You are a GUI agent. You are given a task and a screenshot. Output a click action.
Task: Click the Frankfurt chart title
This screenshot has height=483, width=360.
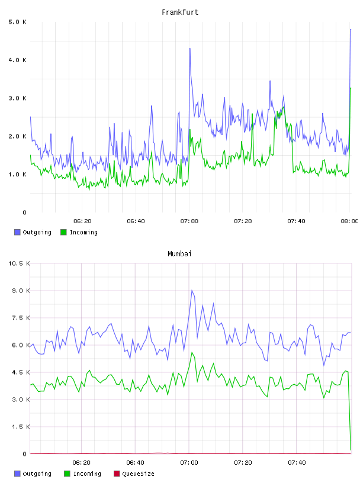(x=180, y=12)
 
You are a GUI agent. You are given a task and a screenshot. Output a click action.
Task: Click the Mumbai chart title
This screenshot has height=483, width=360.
(x=179, y=254)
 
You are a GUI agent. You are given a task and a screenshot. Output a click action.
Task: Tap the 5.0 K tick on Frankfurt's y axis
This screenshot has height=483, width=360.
(x=17, y=22)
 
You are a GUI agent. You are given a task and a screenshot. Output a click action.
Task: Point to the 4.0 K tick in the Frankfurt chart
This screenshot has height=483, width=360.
(x=17, y=60)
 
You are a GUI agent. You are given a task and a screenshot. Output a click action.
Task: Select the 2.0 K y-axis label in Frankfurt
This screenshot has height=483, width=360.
(x=17, y=136)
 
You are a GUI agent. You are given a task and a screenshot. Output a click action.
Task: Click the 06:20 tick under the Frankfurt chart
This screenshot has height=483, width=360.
(x=82, y=221)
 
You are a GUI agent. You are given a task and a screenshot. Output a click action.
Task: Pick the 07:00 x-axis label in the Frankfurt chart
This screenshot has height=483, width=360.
(x=189, y=221)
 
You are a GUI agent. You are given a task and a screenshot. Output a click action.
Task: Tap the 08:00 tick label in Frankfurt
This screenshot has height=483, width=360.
(x=349, y=221)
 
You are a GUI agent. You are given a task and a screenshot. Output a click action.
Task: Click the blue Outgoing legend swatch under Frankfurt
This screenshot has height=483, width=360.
(x=17, y=232)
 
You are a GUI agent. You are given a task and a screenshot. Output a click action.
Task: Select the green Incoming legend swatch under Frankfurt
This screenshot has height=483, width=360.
(x=63, y=232)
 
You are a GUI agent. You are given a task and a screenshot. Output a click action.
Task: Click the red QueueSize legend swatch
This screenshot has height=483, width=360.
(x=117, y=474)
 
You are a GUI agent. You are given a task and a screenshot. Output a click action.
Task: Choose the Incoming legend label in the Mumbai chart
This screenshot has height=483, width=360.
(x=87, y=474)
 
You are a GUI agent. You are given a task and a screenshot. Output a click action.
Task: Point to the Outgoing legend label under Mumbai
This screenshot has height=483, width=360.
(x=37, y=474)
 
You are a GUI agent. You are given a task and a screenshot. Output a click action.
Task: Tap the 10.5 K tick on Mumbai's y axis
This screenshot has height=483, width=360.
(x=19, y=263)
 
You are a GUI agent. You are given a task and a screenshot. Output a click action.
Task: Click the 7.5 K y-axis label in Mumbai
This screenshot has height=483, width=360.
(x=21, y=318)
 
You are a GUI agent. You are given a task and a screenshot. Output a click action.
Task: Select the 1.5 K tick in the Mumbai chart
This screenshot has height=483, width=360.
(x=21, y=427)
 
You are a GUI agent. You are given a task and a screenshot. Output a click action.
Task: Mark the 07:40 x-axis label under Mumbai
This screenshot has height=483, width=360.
(x=297, y=462)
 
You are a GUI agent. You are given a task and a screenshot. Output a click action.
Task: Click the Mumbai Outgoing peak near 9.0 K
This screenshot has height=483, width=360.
(x=192, y=290)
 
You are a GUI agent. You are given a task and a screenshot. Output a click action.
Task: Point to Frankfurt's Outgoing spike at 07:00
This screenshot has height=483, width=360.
(x=190, y=49)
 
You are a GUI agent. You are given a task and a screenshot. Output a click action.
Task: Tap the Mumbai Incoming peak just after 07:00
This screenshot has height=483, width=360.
(x=192, y=352)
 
